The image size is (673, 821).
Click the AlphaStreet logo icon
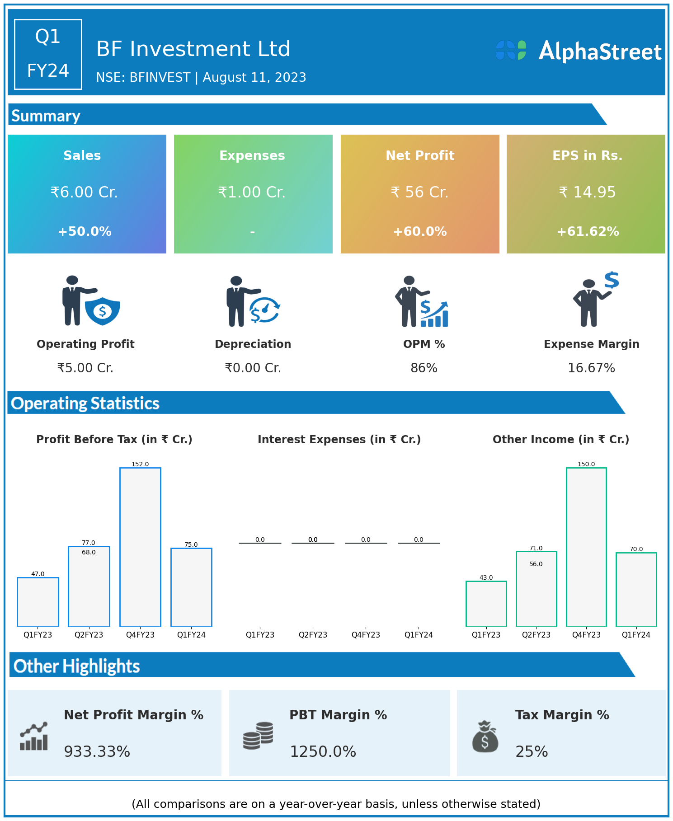coord(511,50)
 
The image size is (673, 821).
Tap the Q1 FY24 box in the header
coord(48,54)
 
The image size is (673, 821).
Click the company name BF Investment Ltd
coord(193,49)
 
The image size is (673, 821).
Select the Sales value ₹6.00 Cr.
coord(84,192)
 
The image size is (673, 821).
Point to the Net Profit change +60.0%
coord(419,231)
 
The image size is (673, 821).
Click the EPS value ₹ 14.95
coord(587,192)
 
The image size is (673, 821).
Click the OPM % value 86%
coord(424,368)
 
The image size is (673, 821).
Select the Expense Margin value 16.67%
coord(591,368)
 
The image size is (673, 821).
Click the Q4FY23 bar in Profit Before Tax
coord(140,547)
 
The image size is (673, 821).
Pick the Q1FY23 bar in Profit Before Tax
coord(38,602)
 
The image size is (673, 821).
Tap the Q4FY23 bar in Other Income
coord(586,547)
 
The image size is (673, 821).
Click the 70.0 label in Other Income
coord(636,549)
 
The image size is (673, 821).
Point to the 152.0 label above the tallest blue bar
coord(140,464)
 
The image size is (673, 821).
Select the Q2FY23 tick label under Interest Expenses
coord(313,635)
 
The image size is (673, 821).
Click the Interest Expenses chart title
coord(339,440)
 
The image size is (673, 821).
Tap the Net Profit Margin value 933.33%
coord(97,752)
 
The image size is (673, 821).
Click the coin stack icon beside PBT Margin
coord(258,736)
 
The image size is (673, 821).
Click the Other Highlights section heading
coord(77,666)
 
